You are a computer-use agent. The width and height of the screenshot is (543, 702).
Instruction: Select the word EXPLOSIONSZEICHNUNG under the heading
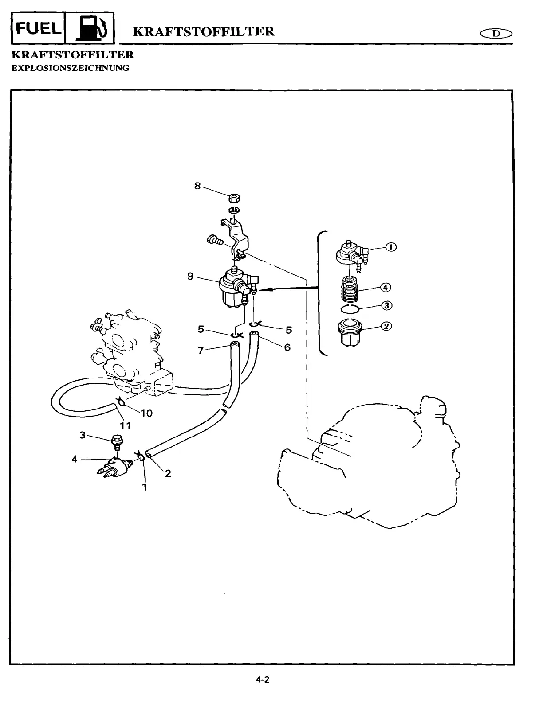[70, 68]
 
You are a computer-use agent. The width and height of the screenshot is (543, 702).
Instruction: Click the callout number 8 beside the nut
[197, 186]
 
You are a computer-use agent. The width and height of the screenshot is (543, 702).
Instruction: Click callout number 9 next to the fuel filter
[190, 277]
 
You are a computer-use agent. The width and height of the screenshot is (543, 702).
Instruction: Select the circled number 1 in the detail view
[392, 247]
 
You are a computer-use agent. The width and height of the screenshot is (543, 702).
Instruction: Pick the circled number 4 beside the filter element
[386, 288]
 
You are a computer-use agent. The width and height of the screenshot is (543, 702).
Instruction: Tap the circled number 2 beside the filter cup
[386, 326]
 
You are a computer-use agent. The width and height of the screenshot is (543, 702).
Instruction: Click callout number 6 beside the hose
[287, 347]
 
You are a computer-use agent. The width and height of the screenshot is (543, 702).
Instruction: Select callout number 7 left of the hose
[201, 351]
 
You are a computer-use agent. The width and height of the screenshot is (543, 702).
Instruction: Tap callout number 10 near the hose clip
[146, 413]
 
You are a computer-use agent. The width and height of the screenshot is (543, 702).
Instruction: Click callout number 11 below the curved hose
[126, 426]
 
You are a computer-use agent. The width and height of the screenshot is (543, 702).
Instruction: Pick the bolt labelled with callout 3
[117, 442]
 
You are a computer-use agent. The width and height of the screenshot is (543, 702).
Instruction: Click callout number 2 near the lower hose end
[168, 473]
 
